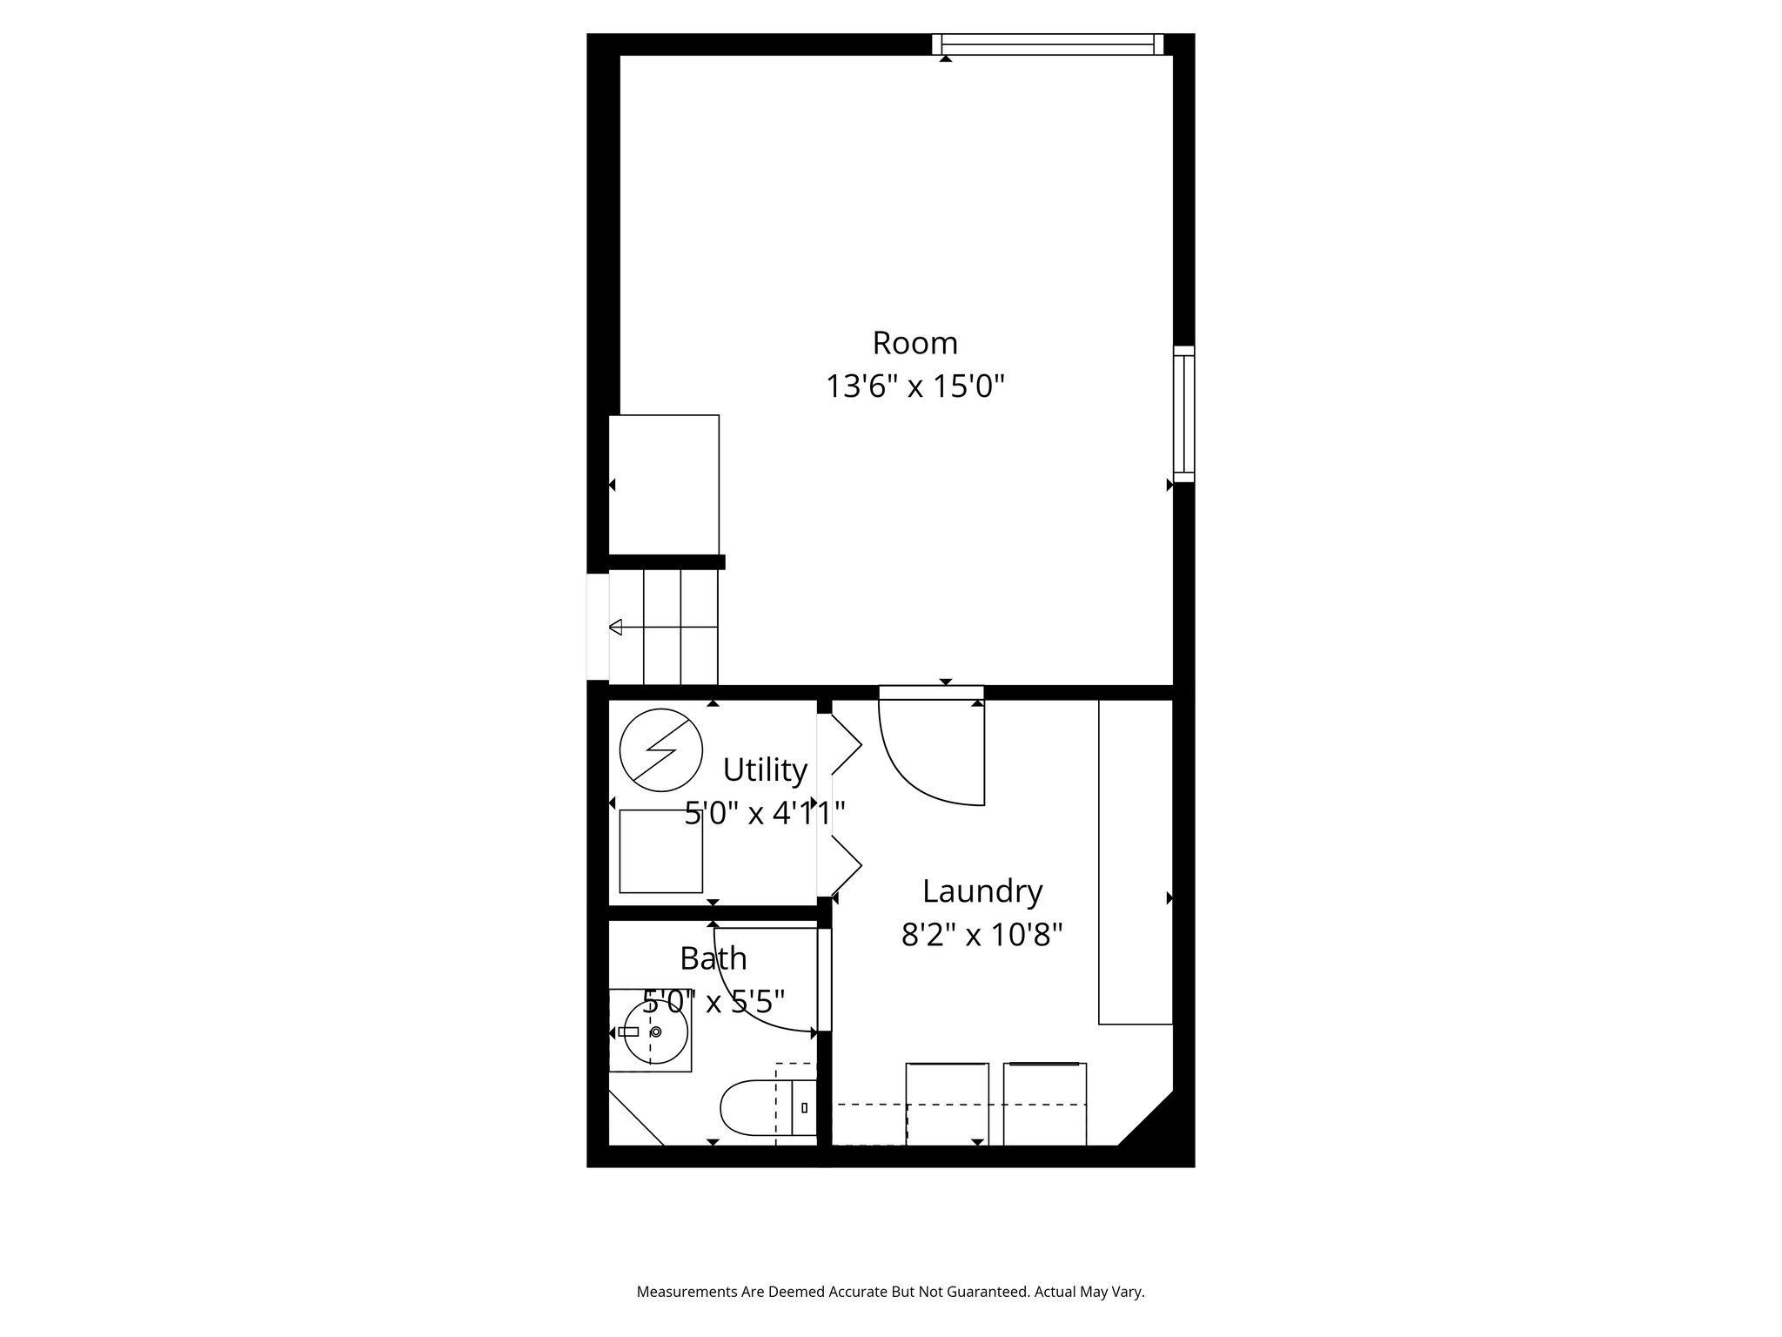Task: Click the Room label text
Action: coord(914,343)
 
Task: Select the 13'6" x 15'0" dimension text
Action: coord(914,386)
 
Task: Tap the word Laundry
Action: coord(981,891)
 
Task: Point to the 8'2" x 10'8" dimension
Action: coord(981,936)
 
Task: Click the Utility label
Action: coord(765,770)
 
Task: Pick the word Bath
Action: coord(713,958)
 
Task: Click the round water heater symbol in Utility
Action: coord(661,750)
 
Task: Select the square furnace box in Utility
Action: coord(661,851)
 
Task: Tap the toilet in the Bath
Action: coord(754,1107)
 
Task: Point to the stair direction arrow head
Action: coord(616,627)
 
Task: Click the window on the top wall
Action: coord(1048,44)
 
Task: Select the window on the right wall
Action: coord(1183,413)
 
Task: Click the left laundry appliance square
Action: coord(947,1104)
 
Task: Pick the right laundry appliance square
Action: coord(1045,1104)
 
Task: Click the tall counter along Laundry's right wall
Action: coord(1136,862)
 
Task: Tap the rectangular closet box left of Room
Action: coord(664,484)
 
